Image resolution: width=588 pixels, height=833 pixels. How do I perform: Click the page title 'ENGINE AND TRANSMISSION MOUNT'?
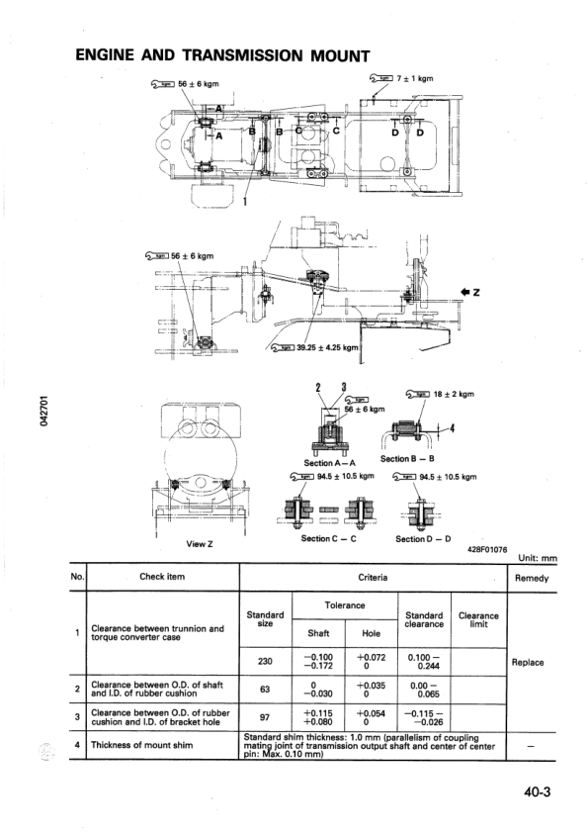click(222, 55)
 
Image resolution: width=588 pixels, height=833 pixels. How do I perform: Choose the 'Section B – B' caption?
click(406, 458)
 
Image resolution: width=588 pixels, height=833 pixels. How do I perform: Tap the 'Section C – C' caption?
click(327, 538)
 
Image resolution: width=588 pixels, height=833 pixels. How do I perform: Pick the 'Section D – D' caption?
click(422, 538)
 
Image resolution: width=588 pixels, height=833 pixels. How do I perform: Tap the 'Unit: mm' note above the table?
click(537, 559)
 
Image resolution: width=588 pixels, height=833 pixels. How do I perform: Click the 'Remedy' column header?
click(531, 578)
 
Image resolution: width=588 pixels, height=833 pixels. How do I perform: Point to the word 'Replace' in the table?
click(529, 662)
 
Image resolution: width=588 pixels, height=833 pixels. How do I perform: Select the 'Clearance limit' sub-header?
click(479, 619)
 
